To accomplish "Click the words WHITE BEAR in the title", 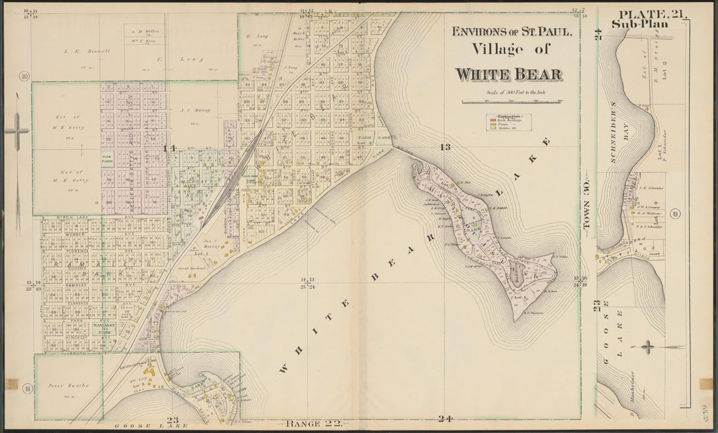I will (x=508, y=74).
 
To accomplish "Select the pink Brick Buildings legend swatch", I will (x=492, y=121).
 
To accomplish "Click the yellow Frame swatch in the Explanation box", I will (x=492, y=125).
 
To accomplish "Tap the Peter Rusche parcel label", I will (x=68, y=386).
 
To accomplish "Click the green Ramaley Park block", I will (x=104, y=327).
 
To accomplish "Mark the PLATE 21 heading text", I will (x=649, y=14).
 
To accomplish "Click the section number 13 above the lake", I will (x=446, y=146).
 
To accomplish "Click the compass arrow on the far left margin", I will (x=18, y=131).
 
